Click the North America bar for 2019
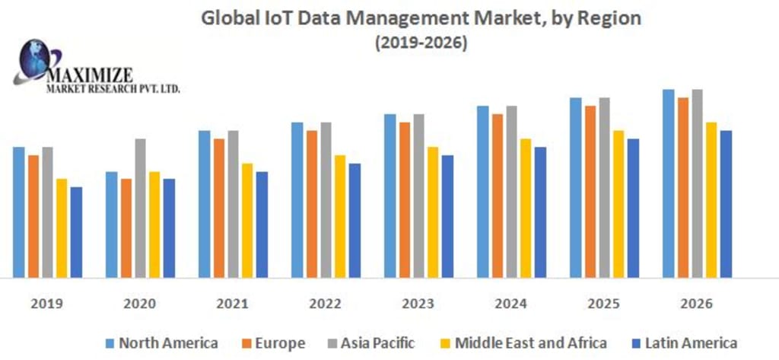pos(19,212)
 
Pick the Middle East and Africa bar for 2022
pos(340,216)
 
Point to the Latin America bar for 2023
pos(447,216)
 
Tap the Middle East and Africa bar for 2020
pos(154,225)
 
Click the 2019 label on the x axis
pos(46,304)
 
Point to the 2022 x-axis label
pos(325,304)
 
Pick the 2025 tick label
pos(603,304)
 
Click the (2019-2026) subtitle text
pos(421,43)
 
